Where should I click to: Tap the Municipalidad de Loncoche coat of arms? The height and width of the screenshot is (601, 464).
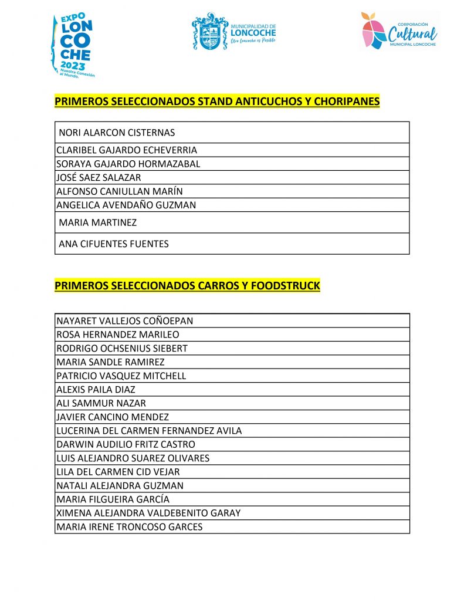point(210,32)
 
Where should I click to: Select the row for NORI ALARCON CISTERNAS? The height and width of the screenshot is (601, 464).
point(117,133)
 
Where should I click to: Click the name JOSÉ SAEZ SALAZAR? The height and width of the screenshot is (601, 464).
point(99,177)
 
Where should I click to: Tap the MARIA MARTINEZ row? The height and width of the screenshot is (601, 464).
point(97,222)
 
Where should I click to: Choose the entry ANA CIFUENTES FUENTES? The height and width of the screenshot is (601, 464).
point(113,244)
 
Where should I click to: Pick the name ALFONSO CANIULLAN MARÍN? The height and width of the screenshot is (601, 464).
point(120,191)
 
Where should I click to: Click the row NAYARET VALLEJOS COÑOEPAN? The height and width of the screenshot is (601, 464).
point(124,321)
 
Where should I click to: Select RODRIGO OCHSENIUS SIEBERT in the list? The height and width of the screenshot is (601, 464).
point(122,349)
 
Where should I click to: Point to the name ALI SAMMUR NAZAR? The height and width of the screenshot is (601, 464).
point(101,403)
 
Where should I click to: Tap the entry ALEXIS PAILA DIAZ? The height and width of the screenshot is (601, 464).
point(96,390)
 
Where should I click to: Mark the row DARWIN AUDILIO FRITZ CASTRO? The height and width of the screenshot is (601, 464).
point(126,445)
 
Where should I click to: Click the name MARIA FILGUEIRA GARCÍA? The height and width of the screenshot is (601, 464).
point(113,499)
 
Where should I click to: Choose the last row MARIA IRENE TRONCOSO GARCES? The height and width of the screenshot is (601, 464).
point(129,527)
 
